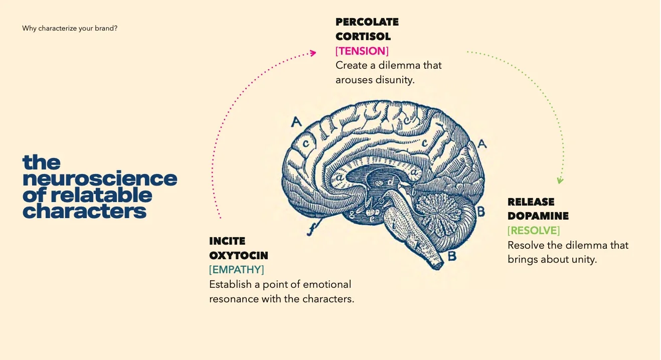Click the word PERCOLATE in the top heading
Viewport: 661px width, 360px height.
[x=367, y=22]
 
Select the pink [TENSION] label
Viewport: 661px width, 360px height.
[x=362, y=51]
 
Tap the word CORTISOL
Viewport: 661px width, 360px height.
[x=363, y=37]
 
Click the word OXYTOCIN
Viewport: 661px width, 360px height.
[x=239, y=256]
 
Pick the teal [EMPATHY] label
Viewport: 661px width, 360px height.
[x=236, y=270]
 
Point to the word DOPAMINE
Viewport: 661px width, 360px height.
[x=538, y=217]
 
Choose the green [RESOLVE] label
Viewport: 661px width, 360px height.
[x=534, y=231]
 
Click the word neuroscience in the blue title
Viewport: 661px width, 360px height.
[x=100, y=179]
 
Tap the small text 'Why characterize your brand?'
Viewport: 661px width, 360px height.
[x=70, y=29]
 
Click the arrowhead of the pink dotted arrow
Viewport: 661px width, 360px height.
[x=313, y=53]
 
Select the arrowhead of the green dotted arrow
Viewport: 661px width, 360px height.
[x=560, y=181]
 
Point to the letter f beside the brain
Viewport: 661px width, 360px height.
[x=311, y=230]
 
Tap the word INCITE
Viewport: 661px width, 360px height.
[x=227, y=241]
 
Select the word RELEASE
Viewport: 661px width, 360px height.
[x=531, y=202]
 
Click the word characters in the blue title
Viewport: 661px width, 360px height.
[x=84, y=212]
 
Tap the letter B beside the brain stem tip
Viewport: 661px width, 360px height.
[x=452, y=256]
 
